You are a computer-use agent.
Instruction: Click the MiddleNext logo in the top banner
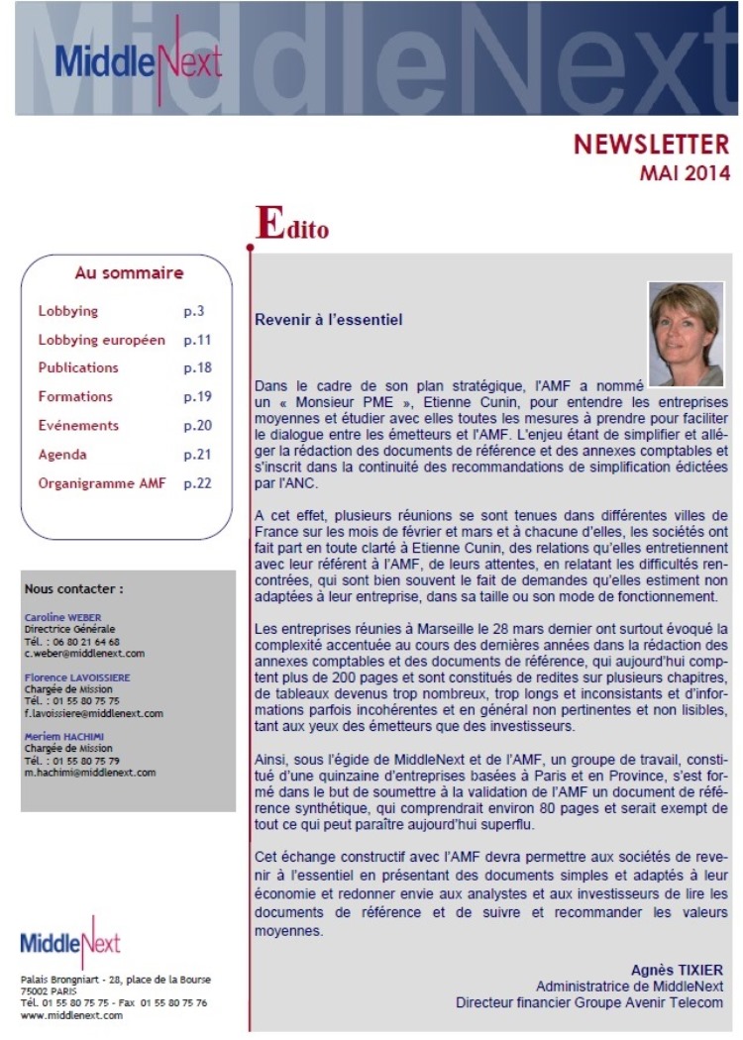pyautogui.click(x=139, y=60)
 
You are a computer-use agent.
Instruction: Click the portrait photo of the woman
pyautogui.click(x=686, y=320)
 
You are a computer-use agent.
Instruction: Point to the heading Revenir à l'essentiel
pyautogui.click(x=329, y=321)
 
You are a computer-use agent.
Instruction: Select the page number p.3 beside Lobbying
pyautogui.click(x=194, y=311)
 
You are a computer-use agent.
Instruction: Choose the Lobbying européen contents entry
pyautogui.click(x=101, y=340)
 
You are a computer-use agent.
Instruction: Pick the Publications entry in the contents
pyautogui.click(x=78, y=368)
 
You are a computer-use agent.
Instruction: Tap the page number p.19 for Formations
pyautogui.click(x=198, y=397)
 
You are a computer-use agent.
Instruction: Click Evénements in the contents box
pyautogui.click(x=78, y=426)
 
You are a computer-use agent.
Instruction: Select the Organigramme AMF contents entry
pyautogui.click(x=102, y=483)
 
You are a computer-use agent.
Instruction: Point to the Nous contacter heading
pyautogui.click(x=74, y=587)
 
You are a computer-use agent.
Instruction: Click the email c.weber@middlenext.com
pyautogui.click(x=85, y=654)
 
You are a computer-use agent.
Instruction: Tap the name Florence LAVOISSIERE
pyautogui.click(x=84, y=677)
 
